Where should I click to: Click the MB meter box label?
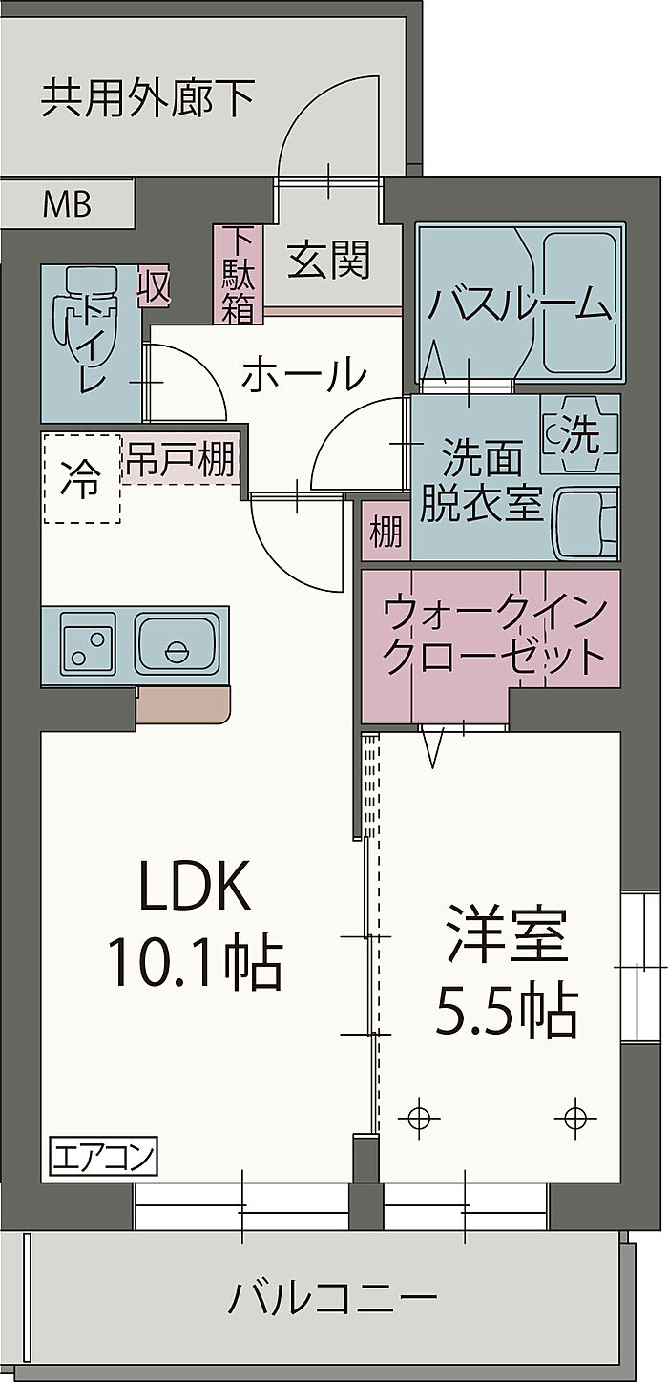click(67, 203)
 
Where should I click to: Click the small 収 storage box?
click(153, 286)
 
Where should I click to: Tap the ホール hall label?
click(303, 375)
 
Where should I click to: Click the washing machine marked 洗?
click(579, 435)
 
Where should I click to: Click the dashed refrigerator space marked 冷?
click(81, 479)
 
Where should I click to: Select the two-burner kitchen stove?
click(88, 644)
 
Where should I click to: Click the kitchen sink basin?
click(177, 644)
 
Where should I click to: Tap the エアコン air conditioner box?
click(103, 1159)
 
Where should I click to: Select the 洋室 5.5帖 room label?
click(507, 974)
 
